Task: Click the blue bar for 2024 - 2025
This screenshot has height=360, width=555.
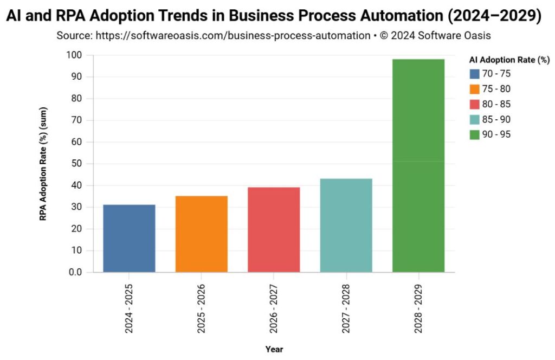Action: click(129, 238)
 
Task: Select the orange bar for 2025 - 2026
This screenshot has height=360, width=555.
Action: click(202, 234)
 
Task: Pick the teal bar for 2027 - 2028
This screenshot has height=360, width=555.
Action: click(346, 225)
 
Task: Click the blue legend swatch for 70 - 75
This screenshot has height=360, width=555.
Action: click(475, 74)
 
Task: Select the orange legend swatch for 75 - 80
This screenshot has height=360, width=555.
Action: click(475, 89)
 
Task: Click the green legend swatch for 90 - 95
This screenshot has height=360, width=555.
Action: click(475, 134)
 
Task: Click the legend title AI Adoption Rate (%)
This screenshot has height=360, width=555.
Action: click(509, 60)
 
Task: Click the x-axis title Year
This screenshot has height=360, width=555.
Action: click(274, 349)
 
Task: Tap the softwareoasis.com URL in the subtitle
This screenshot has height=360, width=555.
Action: click(233, 36)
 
